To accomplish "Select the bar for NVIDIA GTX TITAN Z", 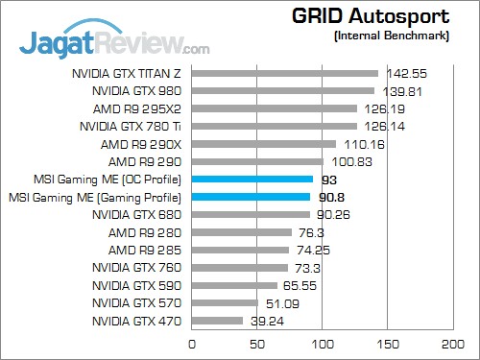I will click(x=285, y=73).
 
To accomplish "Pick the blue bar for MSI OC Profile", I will click(x=252, y=179).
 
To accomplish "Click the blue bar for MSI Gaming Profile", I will click(x=252, y=197).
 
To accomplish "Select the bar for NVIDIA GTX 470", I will click(x=218, y=321).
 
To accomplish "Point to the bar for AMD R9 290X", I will click(x=264, y=144).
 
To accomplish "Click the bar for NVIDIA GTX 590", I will click(x=235, y=285).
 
